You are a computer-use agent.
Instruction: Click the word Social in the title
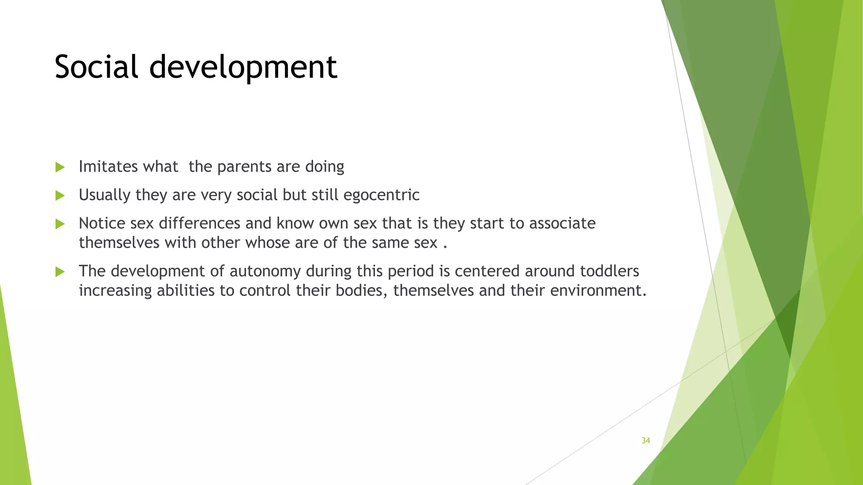(96, 67)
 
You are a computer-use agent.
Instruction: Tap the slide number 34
(646, 440)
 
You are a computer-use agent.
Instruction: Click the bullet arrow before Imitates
(60, 167)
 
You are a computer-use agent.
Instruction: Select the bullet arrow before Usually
(60, 195)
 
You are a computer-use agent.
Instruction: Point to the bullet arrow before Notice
(60, 224)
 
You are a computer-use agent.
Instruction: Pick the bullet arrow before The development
(60, 272)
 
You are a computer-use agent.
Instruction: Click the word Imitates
(102, 167)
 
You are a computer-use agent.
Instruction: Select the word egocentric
(381, 195)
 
